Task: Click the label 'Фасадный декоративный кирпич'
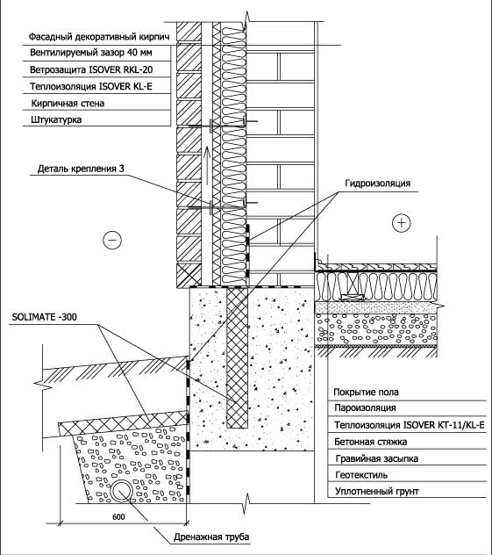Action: (x=99, y=37)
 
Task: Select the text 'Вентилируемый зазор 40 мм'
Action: (x=91, y=53)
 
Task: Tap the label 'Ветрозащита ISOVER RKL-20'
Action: (x=91, y=69)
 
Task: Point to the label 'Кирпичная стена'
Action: (x=68, y=104)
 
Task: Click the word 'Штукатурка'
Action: (x=56, y=119)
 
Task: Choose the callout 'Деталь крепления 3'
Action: (x=81, y=169)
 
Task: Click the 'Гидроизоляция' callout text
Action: (x=377, y=184)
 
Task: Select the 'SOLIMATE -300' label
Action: (x=44, y=317)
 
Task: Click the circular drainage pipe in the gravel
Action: (x=122, y=491)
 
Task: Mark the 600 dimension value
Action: (x=118, y=517)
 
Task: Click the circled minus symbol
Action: (x=112, y=240)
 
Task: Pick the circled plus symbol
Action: (x=402, y=223)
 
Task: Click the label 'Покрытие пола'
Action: (x=366, y=393)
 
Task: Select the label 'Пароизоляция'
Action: (x=365, y=407)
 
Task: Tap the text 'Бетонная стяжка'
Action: (x=370, y=442)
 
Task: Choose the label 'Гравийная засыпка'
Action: (x=377, y=458)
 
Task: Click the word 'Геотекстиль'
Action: (x=361, y=475)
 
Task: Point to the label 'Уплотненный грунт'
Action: (x=377, y=492)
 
